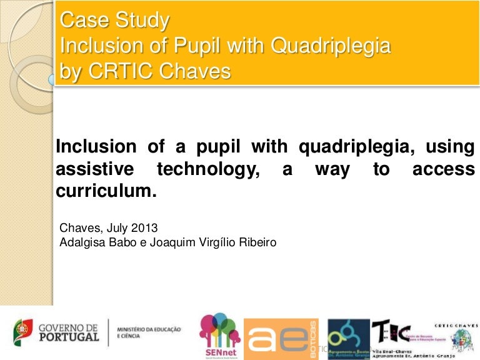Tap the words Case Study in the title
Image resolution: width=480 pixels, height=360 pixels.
point(114,21)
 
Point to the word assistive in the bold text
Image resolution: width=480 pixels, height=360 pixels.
point(94,169)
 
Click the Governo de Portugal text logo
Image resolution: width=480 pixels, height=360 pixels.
point(68,332)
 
